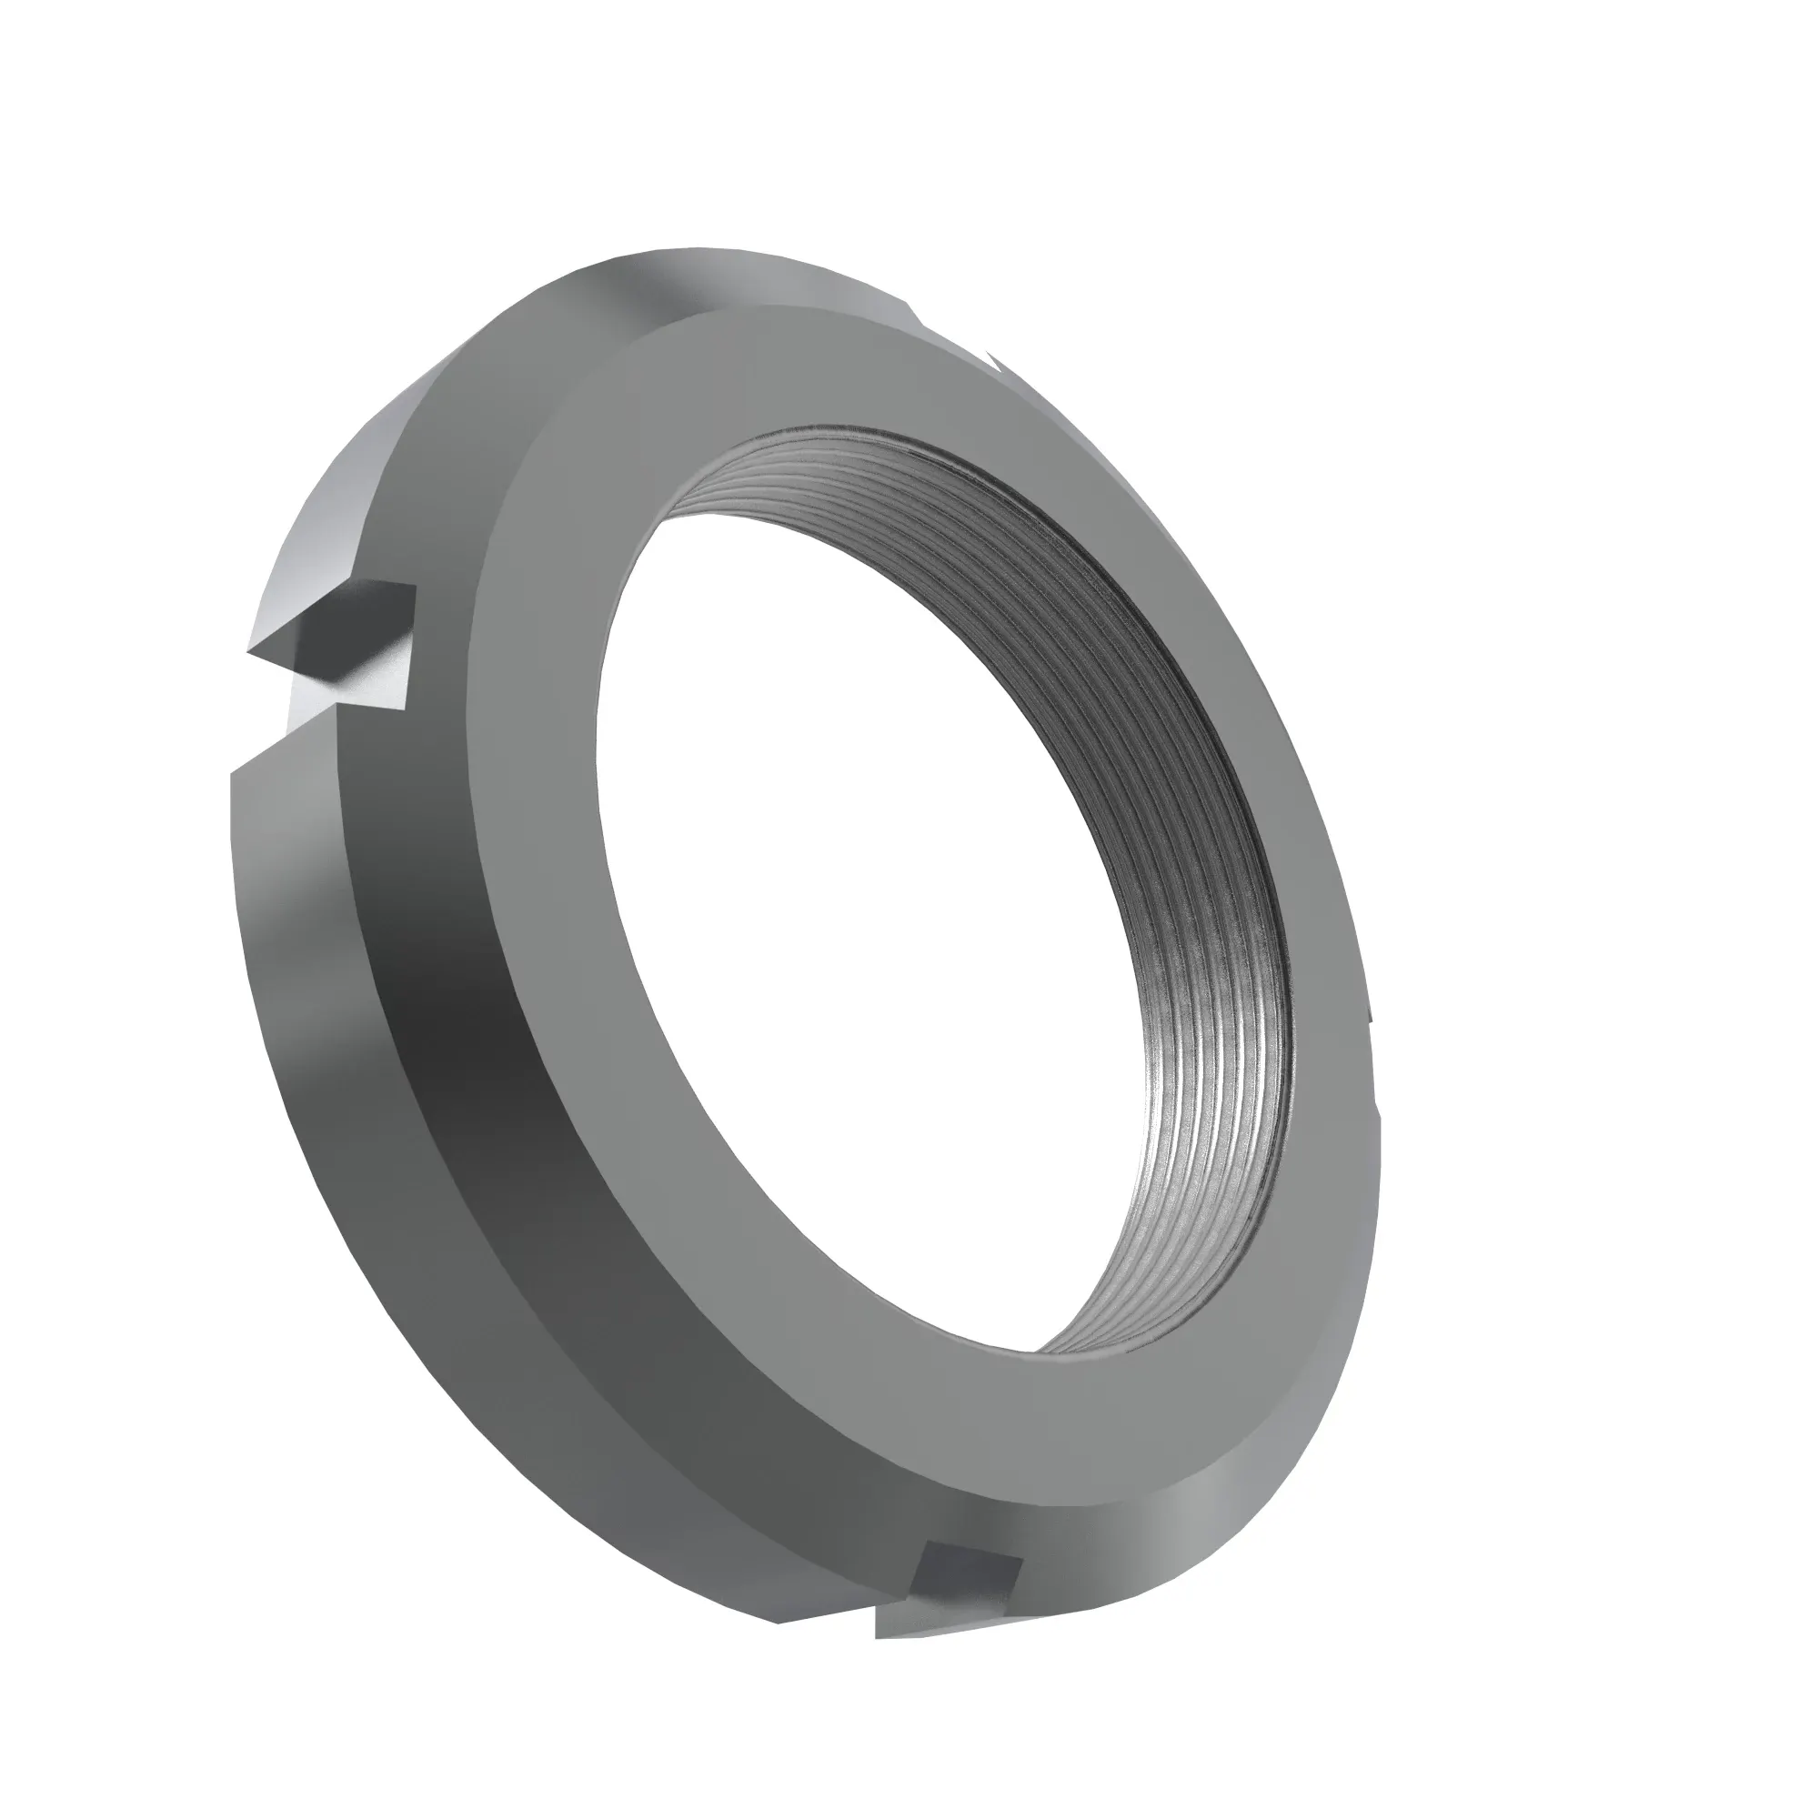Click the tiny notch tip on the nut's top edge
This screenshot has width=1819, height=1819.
[993, 358]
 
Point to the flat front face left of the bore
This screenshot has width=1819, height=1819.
[537, 848]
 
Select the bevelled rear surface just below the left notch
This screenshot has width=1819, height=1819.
[283, 848]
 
